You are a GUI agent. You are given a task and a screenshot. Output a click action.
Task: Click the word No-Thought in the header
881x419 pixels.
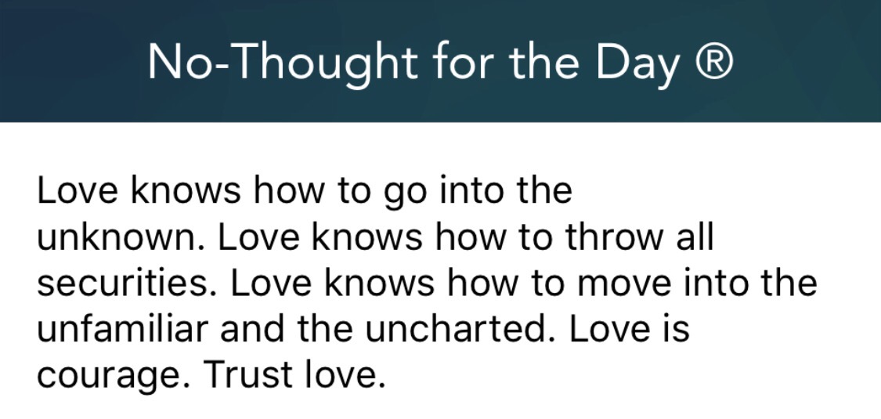tap(282, 62)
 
